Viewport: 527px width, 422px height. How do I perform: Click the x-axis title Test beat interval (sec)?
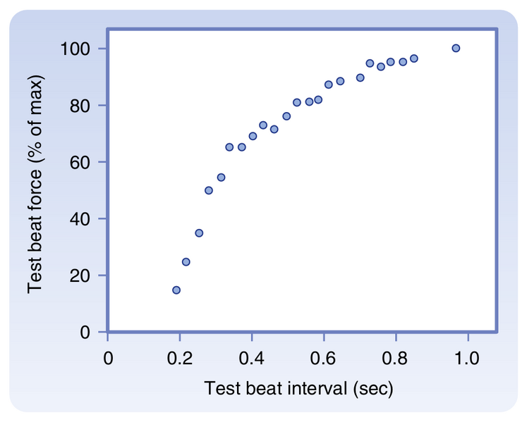pyautogui.click(x=298, y=388)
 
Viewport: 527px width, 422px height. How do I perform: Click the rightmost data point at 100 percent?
pyautogui.click(x=456, y=48)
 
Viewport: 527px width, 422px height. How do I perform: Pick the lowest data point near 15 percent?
pyautogui.click(x=176, y=290)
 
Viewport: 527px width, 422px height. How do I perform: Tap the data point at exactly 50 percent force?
pyautogui.click(x=209, y=190)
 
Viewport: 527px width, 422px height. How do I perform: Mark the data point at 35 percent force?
pyautogui.click(x=199, y=232)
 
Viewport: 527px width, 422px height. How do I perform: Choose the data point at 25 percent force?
pyautogui.click(x=186, y=261)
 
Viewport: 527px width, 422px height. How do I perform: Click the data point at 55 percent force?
pyautogui.click(x=221, y=178)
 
